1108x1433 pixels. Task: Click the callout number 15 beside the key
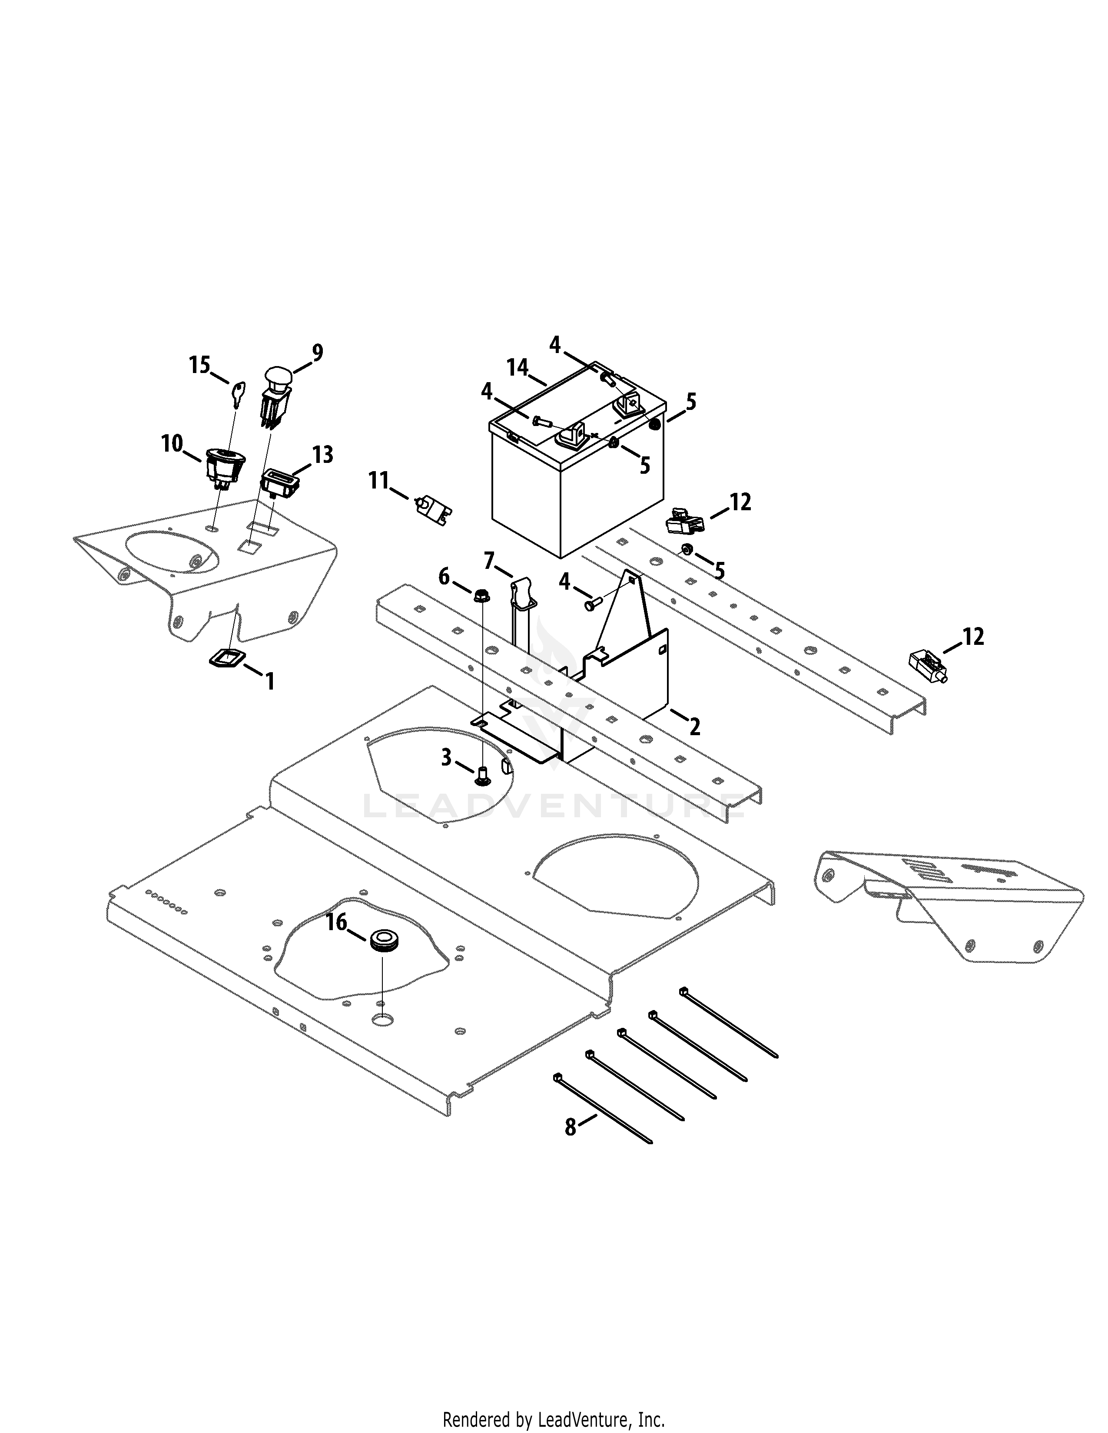[x=199, y=364]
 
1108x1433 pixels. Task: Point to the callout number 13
[x=322, y=455]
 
